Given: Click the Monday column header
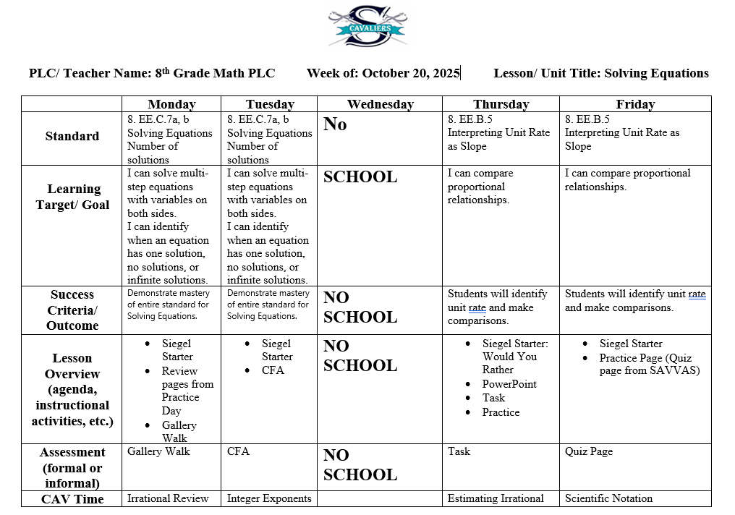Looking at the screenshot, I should [x=171, y=104].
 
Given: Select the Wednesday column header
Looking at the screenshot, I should [x=380, y=104].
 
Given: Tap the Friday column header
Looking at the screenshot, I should [x=635, y=104].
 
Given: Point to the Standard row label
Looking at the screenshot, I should [x=72, y=136].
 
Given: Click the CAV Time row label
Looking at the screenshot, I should [x=72, y=499].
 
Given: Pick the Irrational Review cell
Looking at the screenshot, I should [x=168, y=498].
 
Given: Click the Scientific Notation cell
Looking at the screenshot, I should [x=608, y=498].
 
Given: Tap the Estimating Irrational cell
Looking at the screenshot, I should [x=496, y=498].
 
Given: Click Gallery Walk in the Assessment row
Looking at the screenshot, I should [x=158, y=451].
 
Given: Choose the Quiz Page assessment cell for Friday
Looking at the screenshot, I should [x=588, y=451].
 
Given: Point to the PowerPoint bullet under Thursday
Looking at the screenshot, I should [x=509, y=384].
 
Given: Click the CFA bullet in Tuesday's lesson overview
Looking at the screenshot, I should [x=273, y=370].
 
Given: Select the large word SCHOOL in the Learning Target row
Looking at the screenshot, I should [x=360, y=177].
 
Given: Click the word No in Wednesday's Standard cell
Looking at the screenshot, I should [x=335, y=124].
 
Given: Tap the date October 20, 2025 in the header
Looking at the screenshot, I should [x=411, y=73].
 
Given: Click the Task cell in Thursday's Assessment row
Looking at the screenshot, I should [x=459, y=451].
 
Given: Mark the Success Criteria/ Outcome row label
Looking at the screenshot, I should [x=72, y=310].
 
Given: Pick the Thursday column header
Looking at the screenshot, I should [x=501, y=104].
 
